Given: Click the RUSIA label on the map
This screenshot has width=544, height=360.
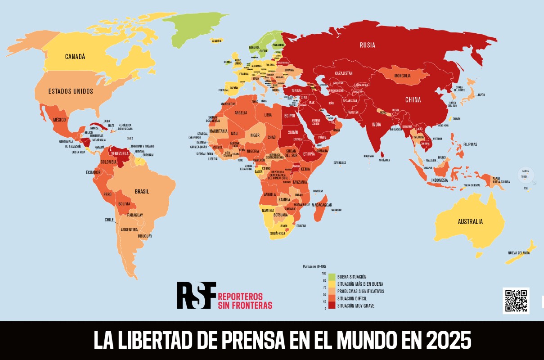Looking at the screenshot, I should pyautogui.click(x=367, y=45).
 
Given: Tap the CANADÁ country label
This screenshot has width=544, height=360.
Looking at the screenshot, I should pyautogui.click(x=75, y=57).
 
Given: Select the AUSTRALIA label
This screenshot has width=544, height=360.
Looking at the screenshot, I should pyautogui.click(x=470, y=222).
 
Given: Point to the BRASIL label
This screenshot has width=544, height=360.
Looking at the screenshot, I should pyautogui.click(x=142, y=191).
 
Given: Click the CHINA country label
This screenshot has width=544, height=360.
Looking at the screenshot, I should pyautogui.click(x=413, y=99).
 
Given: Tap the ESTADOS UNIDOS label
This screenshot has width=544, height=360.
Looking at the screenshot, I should pyautogui.click(x=71, y=91).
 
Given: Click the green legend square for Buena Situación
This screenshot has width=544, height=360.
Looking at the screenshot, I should pyautogui.click(x=332, y=276).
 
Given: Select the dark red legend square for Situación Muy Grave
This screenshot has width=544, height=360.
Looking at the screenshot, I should pyautogui.click(x=332, y=306).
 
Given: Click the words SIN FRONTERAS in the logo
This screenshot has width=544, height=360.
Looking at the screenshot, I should pyautogui.click(x=245, y=306).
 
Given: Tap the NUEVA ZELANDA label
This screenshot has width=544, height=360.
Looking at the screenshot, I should pyautogui.click(x=519, y=253).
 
